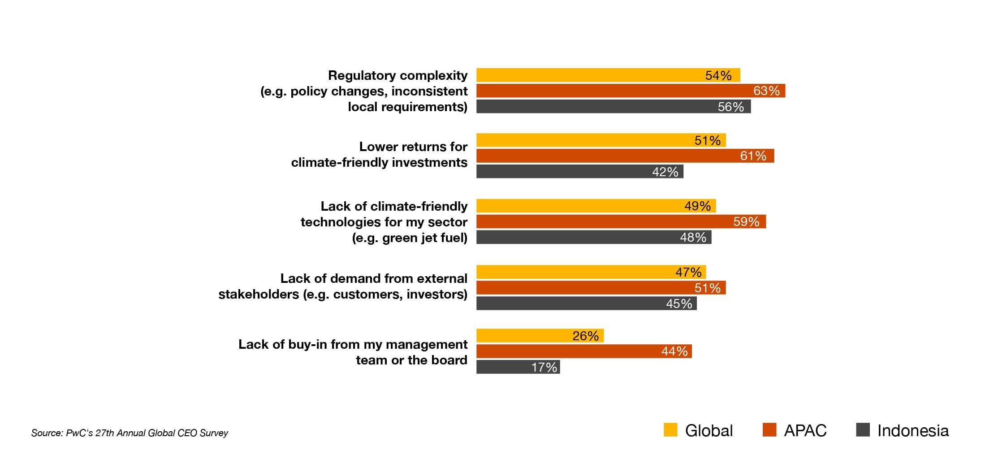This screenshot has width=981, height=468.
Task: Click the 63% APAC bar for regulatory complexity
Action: pyautogui.click(x=630, y=91)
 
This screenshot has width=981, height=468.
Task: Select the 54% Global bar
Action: pyautogui.click(x=608, y=75)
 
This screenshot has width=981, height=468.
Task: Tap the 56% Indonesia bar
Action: pyautogui.click(x=613, y=107)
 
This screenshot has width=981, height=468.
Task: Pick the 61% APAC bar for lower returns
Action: pyautogui.click(x=625, y=156)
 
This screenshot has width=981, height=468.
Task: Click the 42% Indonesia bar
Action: pyautogui.click(x=579, y=171)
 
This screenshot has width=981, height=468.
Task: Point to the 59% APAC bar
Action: pyautogui.click(x=621, y=221)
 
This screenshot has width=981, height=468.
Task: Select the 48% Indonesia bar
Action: pyautogui.click(x=593, y=237)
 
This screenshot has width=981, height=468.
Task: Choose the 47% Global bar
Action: pyautogui.click(x=591, y=272)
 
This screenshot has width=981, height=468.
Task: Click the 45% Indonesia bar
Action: pyautogui.click(x=586, y=303)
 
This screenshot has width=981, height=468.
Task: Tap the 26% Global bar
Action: pyautogui.click(x=540, y=335)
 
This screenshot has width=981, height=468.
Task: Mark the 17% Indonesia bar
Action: pyautogui.click(x=518, y=367)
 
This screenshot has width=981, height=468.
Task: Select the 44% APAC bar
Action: pyautogui.click(x=583, y=351)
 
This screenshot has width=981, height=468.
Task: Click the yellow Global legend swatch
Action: pyautogui.click(x=670, y=429)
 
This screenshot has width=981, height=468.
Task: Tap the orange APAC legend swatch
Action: pyautogui.click(x=769, y=429)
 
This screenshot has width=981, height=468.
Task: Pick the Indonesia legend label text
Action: pyautogui.click(x=912, y=430)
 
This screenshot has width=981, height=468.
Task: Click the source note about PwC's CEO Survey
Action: pyautogui.click(x=130, y=433)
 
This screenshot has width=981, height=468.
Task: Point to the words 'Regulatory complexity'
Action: pyautogui.click(x=398, y=75)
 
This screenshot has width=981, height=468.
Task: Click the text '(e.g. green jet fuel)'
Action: pyautogui.click(x=409, y=238)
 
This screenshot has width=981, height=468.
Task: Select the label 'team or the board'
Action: pyautogui.click(x=411, y=360)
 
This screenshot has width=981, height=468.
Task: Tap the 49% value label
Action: pyautogui.click(x=697, y=206)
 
